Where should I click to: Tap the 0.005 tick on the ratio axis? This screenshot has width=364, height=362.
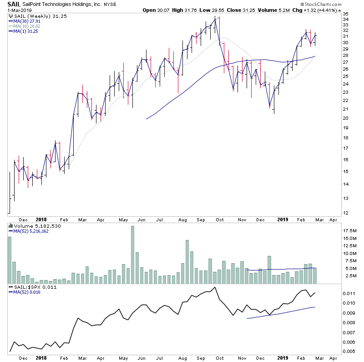click(349, 352)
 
